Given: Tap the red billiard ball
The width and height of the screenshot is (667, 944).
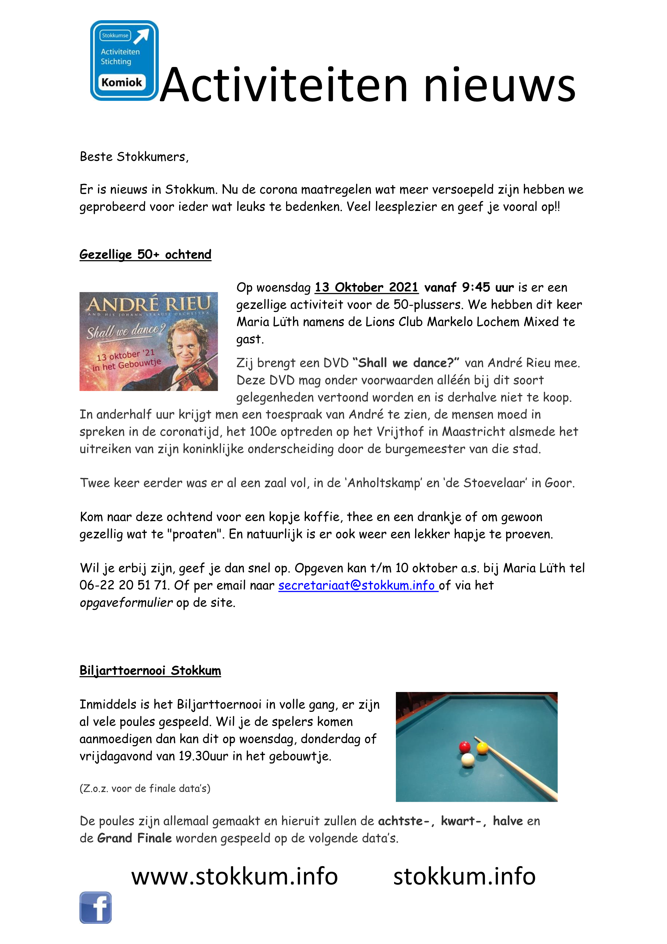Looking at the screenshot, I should (x=464, y=746).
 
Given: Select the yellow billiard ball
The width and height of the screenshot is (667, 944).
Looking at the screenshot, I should (x=482, y=747).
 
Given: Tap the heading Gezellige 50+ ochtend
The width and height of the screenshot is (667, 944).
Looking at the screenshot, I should (x=145, y=255).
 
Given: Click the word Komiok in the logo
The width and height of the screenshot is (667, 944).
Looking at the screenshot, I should (x=122, y=82).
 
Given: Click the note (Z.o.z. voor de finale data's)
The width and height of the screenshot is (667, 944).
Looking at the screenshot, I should (x=145, y=788).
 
